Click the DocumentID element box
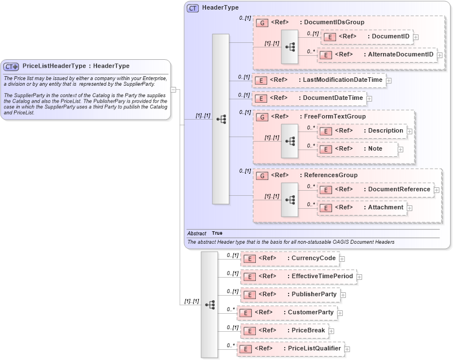point(367,37)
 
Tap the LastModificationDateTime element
point(319,80)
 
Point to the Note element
point(358,149)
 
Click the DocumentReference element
point(376,190)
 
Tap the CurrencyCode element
point(289,258)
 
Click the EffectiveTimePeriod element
point(298,276)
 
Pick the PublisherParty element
point(290,295)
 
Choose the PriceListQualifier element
point(291,349)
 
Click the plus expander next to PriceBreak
point(332,331)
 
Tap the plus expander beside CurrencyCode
point(342,259)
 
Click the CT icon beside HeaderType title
point(193,8)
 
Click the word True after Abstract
point(217,233)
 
